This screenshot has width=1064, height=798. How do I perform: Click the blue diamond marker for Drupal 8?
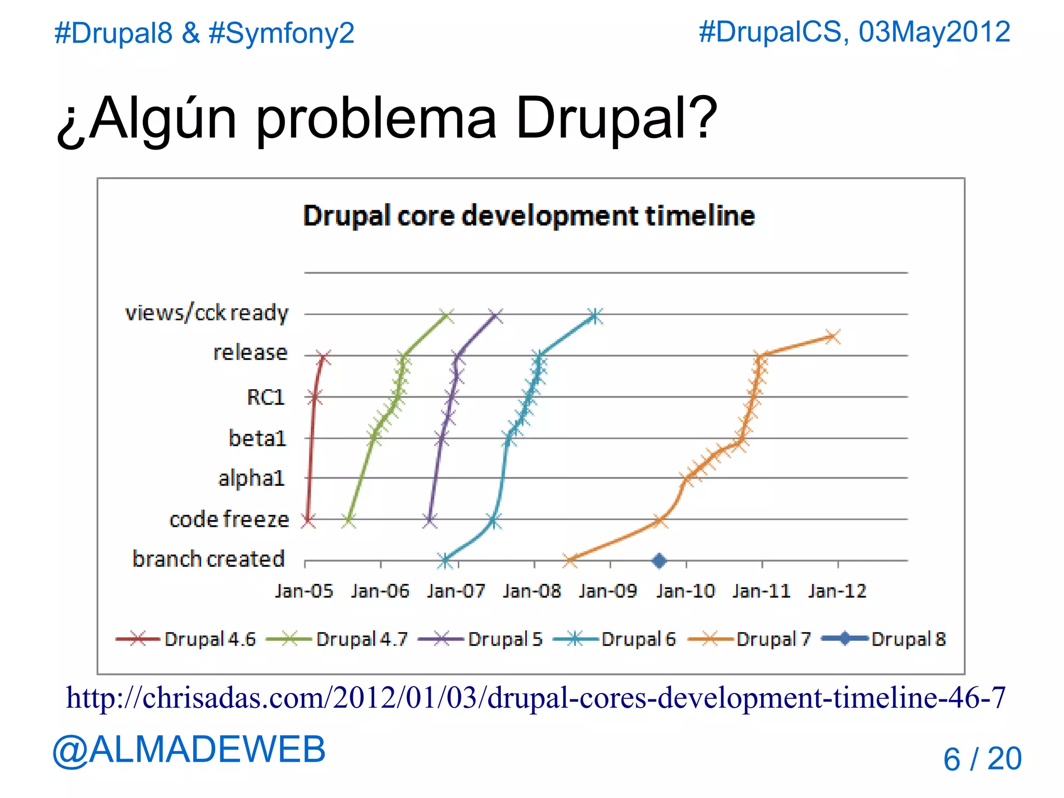tap(659, 561)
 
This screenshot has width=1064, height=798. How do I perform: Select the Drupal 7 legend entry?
tap(749, 639)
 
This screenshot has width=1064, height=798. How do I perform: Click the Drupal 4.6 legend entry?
tap(186, 639)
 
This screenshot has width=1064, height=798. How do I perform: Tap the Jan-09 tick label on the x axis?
tap(608, 591)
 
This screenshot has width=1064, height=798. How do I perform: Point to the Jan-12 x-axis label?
tap(837, 591)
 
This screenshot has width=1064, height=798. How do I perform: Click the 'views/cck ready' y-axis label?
tap(206, 313)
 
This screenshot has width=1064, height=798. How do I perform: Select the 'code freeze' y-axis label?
tap(229, 520)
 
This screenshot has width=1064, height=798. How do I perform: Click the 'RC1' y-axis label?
tap(265, 397)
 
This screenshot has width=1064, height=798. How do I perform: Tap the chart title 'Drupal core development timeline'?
tap(528, 216)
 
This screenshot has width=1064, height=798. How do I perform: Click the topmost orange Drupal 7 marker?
tap(832, 337)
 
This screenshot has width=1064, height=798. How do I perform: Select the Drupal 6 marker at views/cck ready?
tap(595, 316)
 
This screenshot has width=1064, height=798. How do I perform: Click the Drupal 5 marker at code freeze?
tap(430, 520)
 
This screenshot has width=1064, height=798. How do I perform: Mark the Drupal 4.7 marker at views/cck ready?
tap(446, 315)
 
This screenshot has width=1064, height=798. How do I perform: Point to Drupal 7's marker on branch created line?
tap(570, 561)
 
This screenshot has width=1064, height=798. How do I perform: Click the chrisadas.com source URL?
tap(536, 698)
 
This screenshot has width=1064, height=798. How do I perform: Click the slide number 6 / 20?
tap(982, 759)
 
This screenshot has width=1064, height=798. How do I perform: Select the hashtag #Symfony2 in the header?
tap(281, 33)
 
